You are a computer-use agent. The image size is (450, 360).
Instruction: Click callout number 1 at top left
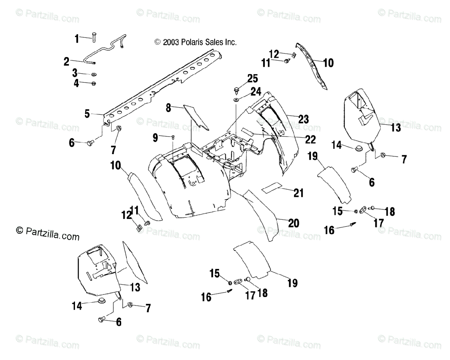(x=77, y=38)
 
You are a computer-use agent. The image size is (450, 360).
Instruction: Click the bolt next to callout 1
(x=94, y=38)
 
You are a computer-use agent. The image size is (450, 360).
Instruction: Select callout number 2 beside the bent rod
(x=67, y=61)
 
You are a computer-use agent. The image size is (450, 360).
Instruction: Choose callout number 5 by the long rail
(x=87, y=113)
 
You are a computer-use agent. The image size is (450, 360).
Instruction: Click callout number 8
(x=169, y=108)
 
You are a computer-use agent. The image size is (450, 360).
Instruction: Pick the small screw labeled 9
(x=173, y=137)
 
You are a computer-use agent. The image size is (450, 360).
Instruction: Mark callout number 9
(x=155, y=138)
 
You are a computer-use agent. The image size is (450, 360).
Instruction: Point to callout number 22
(x=310, y=139)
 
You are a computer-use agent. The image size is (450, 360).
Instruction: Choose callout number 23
(x=303, y=119)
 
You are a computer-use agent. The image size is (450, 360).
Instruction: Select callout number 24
(x=256, y=91)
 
